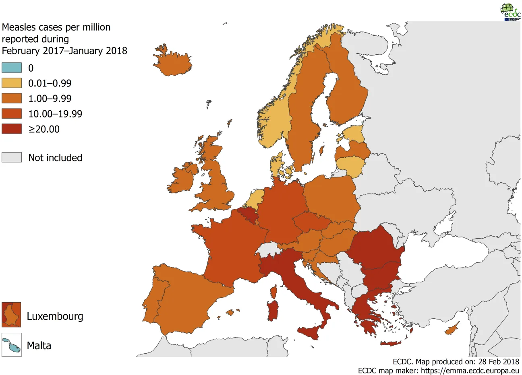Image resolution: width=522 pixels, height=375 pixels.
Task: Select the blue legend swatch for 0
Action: pyautogui.click(x=12, y=68)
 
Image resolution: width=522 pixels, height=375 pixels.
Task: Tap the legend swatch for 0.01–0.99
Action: pyautogui.click(x=12, y=83)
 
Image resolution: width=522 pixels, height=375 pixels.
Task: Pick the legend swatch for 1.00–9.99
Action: pyautogui.click(x=12, y=98)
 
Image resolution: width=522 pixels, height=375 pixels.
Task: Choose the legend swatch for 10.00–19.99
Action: pyautogui.click(x=12, y=113)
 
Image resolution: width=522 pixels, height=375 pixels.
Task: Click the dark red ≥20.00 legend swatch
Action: pyautogui.click(x=12, y=129)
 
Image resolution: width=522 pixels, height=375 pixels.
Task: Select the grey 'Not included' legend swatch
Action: pyautogui.click(x=12, y=157)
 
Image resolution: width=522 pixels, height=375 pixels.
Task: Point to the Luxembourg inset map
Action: pyautogui.click(x=11, y=315)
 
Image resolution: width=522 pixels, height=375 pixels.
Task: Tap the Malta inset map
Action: pyautogui.click(x=11, y=345)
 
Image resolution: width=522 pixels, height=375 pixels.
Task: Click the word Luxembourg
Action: pyautogui.click(x=55, y=316)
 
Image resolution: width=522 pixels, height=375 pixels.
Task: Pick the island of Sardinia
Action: pyautogui.click(x=273, y=310)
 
